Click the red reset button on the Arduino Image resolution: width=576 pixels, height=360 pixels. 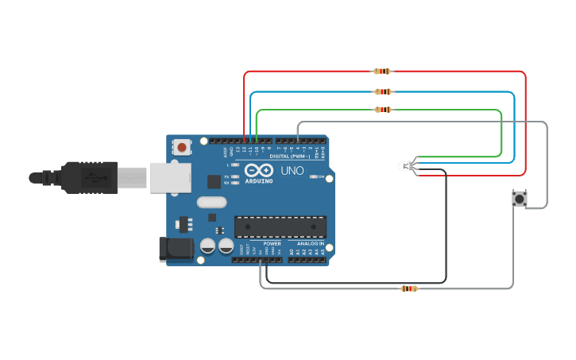[183, 147]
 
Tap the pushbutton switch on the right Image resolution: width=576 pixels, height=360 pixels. [520, 199]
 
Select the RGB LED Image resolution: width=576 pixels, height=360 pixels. [406, 166]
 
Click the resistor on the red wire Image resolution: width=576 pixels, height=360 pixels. [382, 72]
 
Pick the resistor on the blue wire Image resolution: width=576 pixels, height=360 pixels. [383, 92]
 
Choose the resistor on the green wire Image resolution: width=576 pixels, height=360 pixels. [383, 110]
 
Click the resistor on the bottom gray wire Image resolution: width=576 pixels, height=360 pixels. [409, 288]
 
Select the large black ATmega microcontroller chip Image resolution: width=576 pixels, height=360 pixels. [280, 226]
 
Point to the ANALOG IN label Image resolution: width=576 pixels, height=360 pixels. [311, 243]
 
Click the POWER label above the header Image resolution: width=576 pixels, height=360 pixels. [272, 243]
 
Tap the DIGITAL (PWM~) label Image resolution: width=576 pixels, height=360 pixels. [289, 157]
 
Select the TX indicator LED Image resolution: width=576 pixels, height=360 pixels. [236, 176]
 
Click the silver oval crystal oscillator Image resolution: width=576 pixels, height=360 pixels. [212, 202]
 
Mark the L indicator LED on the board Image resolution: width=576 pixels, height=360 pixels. [236, 165]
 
